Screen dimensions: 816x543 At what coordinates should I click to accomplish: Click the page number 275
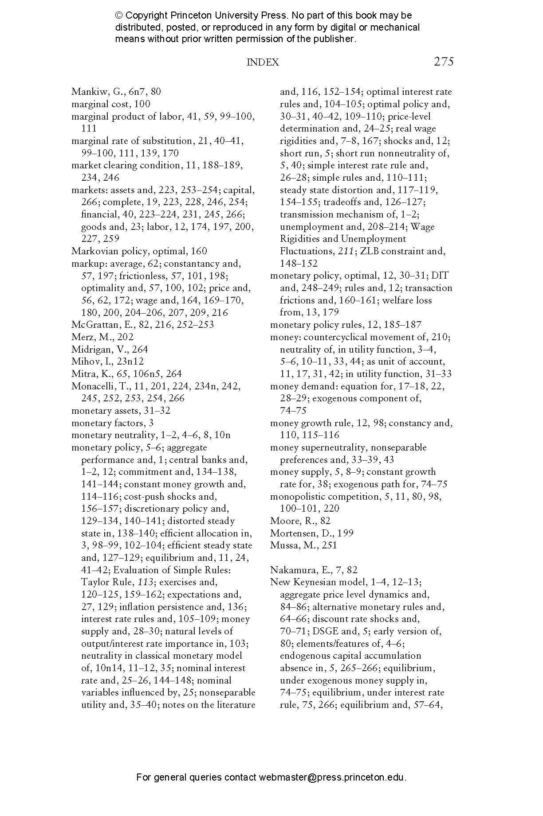click(443, 62)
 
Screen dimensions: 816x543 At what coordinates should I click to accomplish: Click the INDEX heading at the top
click(263, 62)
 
